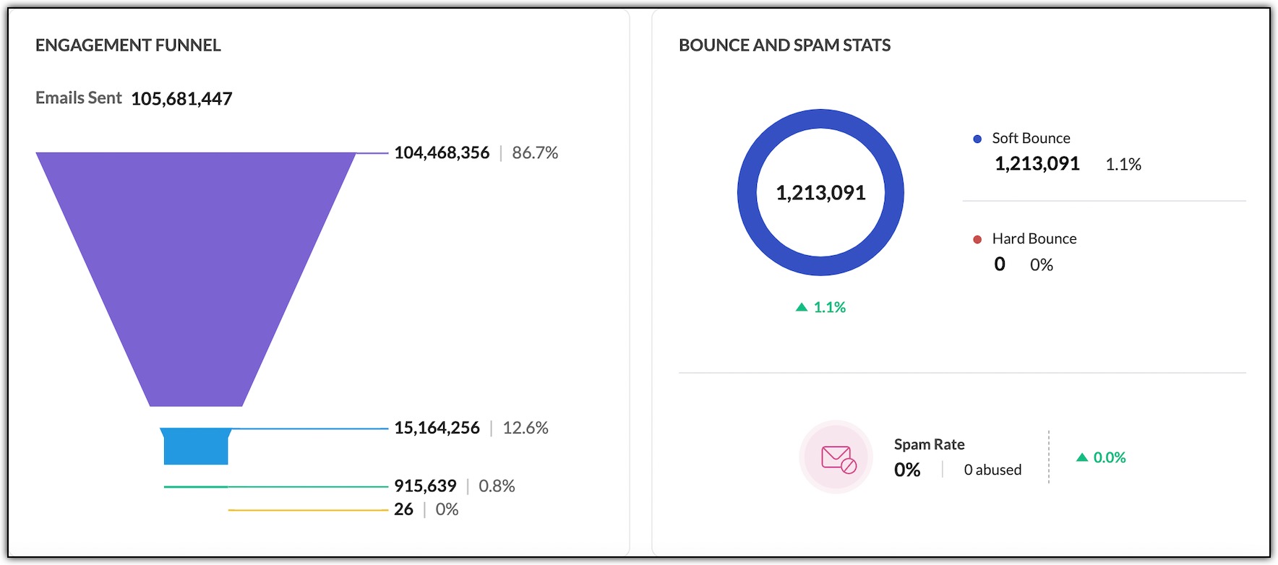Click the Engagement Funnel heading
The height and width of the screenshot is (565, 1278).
coord(128,46)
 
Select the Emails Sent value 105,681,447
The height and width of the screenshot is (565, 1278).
coord(181,99)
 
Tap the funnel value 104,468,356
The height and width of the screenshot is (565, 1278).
coord(442,153)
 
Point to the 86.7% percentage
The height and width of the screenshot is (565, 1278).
coord(535,153)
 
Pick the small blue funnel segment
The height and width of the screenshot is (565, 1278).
coord(196,447)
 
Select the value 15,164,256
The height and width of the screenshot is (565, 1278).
coord(437,428)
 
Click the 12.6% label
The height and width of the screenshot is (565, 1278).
coord(526,428)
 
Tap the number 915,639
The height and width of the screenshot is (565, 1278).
coord(425,486)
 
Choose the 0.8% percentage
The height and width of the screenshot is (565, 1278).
coord(497,486)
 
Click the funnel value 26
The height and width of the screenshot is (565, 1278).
coord(403,510)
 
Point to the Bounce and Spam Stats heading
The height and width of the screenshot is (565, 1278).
coord(784,46)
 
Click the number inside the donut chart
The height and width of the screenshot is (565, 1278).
coord(820,193)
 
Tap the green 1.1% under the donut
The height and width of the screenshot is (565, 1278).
coord(828,308)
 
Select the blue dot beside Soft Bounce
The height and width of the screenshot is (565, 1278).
coord(977,139)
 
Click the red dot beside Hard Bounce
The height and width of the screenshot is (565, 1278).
coord(977,239)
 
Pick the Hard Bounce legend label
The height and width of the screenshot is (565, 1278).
coord(1034,239)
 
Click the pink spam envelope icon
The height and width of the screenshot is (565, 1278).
coord(837,457)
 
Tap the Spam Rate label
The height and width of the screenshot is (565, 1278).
coord(929,445)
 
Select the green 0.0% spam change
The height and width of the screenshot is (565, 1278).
coord(1109,457)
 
